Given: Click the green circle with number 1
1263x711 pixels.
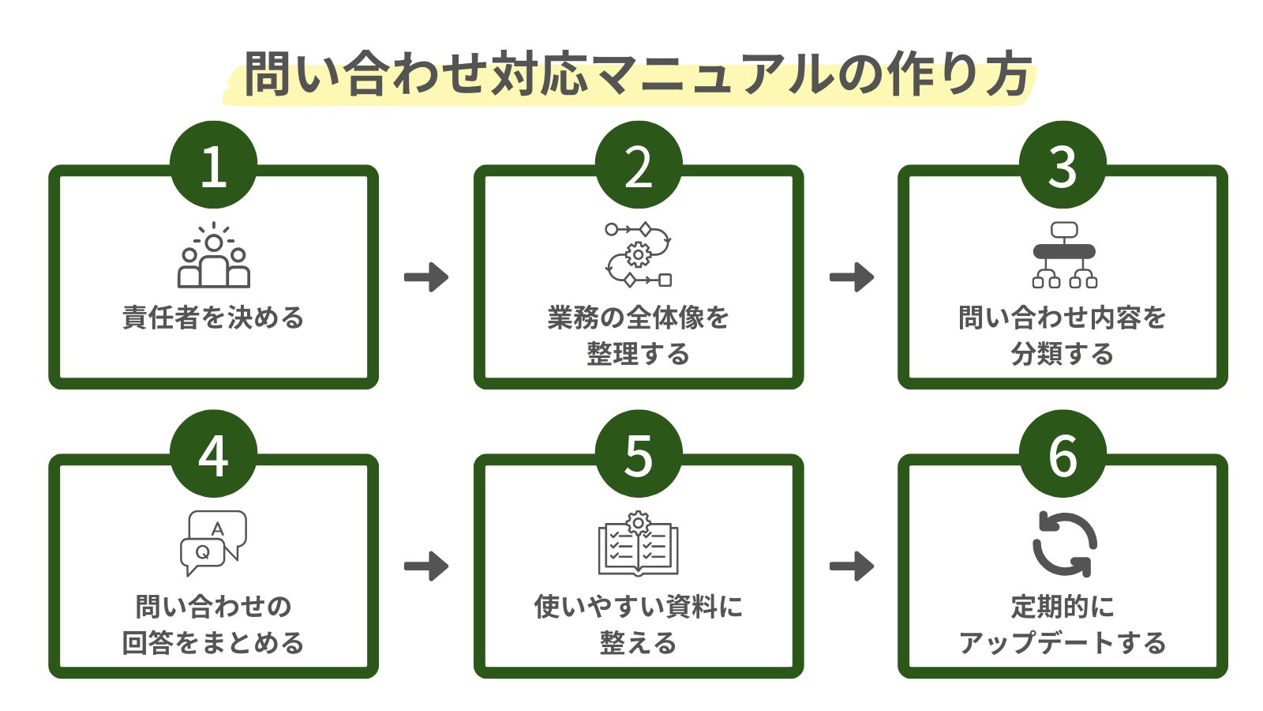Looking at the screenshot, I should coord(213,165).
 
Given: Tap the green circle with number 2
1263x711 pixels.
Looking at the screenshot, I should coord(638,165).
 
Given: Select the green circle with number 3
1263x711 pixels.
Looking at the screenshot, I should coord(1062,165).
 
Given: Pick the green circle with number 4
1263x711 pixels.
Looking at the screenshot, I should coord(213,454).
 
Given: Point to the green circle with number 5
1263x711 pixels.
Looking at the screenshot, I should coord(638,454).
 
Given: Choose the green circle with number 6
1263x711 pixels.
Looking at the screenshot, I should coord(1062,454).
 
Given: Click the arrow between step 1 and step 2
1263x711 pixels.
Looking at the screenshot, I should coord(426,277).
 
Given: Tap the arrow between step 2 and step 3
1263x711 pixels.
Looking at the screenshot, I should coord(852,277).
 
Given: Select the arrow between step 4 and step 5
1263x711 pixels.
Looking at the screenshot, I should coord(426,566).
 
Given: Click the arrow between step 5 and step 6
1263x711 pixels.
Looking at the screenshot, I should coord(852,566).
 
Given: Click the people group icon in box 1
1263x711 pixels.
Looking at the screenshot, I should coord(213,256).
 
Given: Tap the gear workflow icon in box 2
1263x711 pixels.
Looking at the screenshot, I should coord(638,254).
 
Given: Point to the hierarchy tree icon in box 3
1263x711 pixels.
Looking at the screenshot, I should coord(1063,254).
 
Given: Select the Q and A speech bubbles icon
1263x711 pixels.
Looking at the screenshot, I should coord(213,543).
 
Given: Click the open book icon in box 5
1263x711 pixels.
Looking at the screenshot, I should coord(638,545).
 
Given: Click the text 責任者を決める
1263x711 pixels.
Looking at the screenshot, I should coord(213,318).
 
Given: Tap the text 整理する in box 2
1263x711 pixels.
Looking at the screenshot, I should coord(638,354).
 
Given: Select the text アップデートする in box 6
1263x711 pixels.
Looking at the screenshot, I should coord(1062,643).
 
